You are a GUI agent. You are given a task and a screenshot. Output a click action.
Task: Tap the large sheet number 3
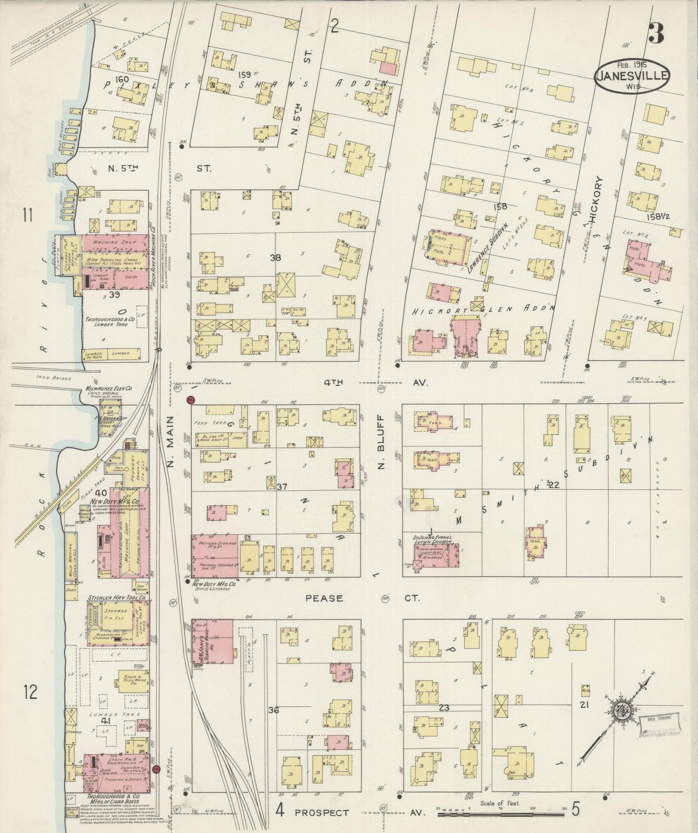click(x=655, y=33)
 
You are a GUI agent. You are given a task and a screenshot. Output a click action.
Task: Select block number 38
click(x=275, y=258)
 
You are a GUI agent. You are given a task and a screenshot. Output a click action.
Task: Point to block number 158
click(x=500, y=207)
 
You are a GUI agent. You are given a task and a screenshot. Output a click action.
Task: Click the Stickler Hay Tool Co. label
click(x=117, y=598)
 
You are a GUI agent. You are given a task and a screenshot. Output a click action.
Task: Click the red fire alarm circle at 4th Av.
click(x=190, y=399)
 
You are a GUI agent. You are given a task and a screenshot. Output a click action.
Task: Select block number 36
click(x=274, y=710)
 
